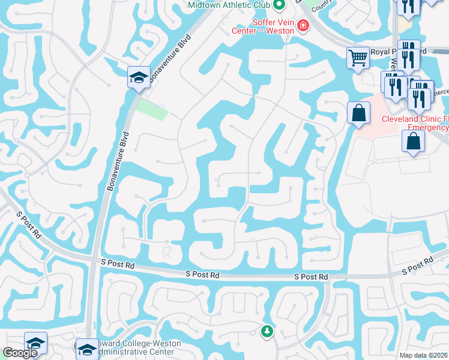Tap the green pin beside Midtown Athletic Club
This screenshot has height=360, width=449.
click(279, 5)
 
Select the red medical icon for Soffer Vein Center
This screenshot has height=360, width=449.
click(303, 25)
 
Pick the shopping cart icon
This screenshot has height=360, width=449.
click(358, 58)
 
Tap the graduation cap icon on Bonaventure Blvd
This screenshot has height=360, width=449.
click(139, 77)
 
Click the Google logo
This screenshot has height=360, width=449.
click(20, 353)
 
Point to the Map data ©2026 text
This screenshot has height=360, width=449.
click(424, 355)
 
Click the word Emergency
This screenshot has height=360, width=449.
click(428, 127)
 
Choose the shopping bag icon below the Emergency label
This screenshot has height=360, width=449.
click(414, 141)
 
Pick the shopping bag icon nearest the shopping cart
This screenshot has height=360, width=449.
click(358, 112)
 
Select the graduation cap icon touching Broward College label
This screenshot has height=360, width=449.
click(87, 349)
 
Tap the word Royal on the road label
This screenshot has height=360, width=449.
click(381, 52)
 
